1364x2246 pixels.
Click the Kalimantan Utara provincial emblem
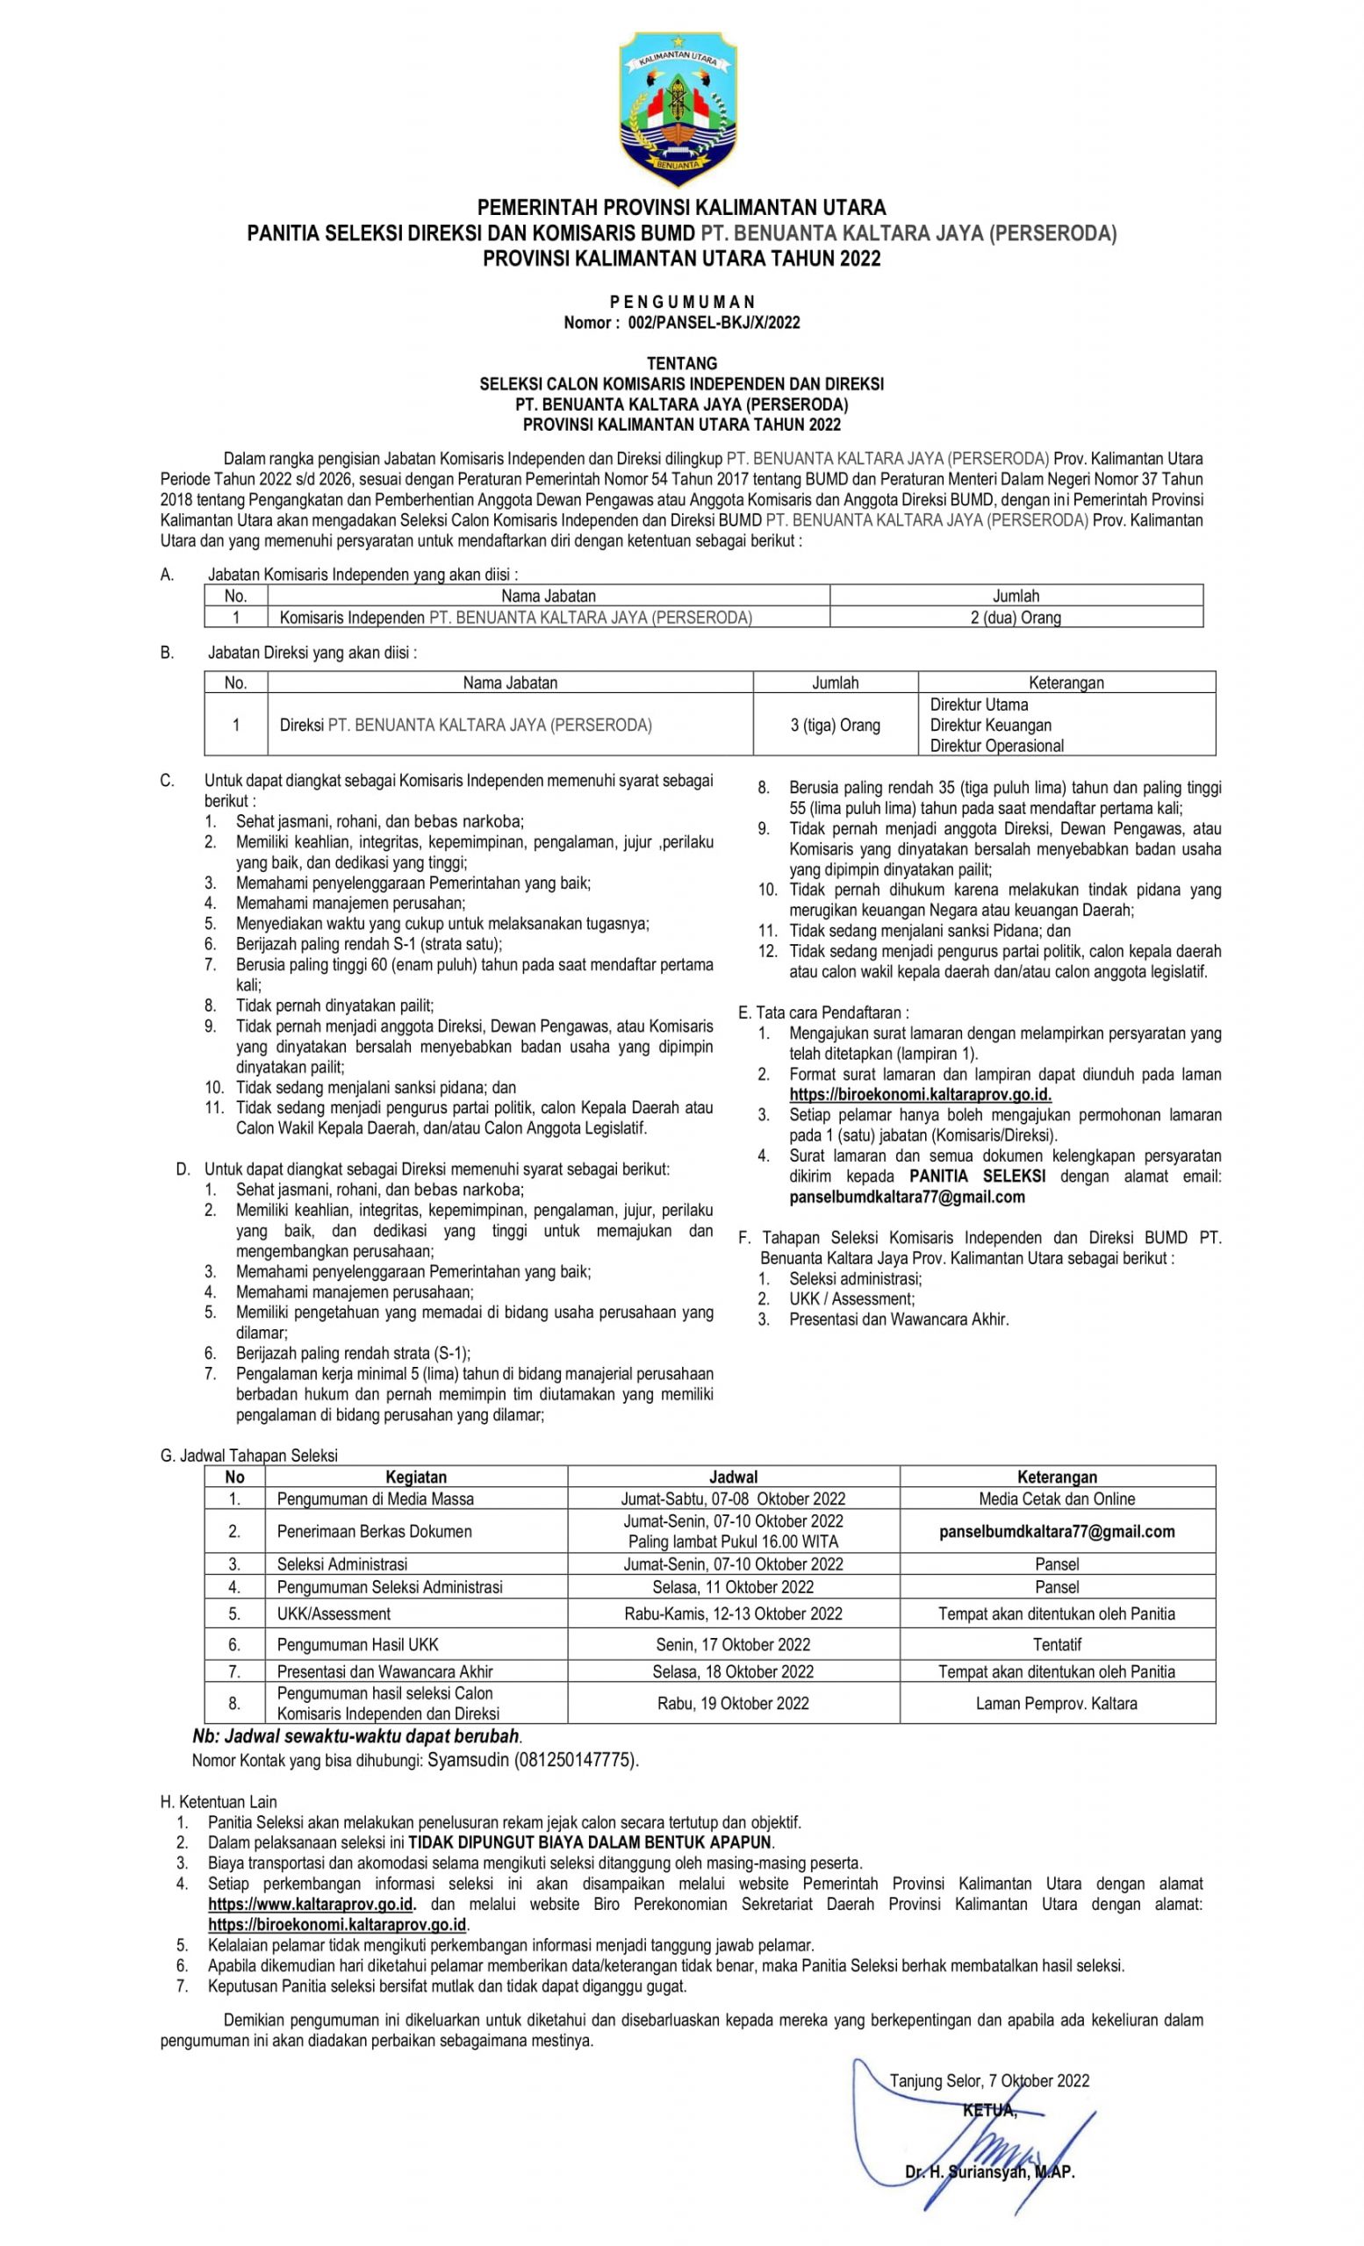pyautogui.click(x=679, y=109)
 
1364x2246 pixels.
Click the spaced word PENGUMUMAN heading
pyautogui.click(x=681, y=302)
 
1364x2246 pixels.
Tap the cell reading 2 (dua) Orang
pyautogui.click(x=1015, y=618)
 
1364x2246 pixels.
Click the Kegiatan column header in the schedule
pyautogui.click(x=416, y=1477)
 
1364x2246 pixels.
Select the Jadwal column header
pyautogui.click(x=732, y=1477)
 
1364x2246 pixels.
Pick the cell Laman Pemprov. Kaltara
pyautogui.click(x=1056, y=1704)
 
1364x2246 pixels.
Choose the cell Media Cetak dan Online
pyautogui.click(x=1057, y=1499)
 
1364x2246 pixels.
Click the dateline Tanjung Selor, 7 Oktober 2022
pyautogui.click(x=989, y=2081)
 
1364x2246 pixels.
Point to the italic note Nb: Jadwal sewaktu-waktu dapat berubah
pyautogui.click(x=356, y=1736)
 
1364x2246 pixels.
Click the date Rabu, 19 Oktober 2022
pyautogui.click(x=732, y=1704)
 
